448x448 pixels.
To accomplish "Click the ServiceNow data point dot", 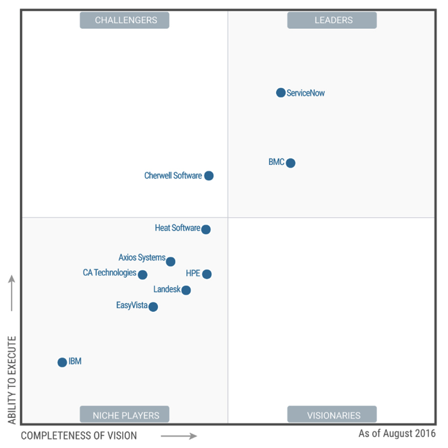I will point(280,93).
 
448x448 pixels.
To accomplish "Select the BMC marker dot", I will point(291,163).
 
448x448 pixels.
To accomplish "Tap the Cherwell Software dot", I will point(209,176).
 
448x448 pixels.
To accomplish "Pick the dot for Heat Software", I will point(206,229).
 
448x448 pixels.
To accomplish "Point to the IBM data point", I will point(62,363).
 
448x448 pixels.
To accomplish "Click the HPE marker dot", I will point(207,274).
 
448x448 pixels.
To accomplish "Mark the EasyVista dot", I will point(153,307).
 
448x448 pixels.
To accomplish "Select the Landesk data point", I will point(186,290).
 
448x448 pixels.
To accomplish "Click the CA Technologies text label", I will point(109,273).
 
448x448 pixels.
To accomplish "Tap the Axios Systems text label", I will point(142,258).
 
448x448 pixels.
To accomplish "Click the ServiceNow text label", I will point(306,93).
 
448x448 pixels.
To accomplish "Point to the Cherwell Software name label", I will point(173,175).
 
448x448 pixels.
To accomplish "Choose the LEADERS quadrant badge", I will point(332,20).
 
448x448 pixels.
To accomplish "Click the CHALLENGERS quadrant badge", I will point(125,20).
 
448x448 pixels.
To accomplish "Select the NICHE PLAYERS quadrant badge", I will point(125,415).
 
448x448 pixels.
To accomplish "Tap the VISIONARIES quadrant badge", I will point(332,415).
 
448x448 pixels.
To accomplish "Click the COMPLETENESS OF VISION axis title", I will point(79,436).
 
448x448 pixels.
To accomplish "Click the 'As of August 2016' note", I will point(397,434).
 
